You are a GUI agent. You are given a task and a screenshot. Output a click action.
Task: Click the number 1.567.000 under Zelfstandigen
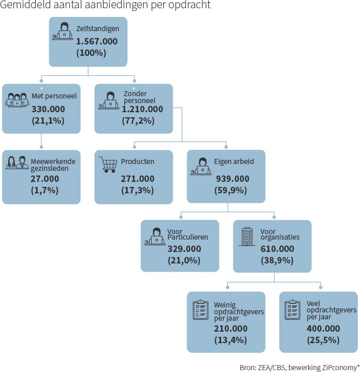(x=97, y=41)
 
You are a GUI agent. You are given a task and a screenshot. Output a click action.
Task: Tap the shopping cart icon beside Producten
(x=108, y=164)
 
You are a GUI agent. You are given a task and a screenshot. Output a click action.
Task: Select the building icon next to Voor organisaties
(x=247, y=236)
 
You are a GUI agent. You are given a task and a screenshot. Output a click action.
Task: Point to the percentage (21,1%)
(x=48, y=120)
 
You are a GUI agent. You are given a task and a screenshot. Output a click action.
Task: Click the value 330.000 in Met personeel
(x=48, y=109)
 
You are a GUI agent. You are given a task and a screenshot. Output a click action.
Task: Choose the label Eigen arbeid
(x=234, y=162)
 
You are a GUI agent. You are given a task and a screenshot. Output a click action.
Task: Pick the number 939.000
(x=233, y=179)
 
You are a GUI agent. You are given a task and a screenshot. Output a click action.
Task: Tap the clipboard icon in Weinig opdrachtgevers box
(x=201, y=310)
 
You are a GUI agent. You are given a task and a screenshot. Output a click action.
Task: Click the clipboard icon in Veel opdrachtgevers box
(x=292, y=310)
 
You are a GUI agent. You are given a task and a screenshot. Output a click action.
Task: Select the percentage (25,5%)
(x=323, y=340)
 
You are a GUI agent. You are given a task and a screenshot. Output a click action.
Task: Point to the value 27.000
(x=44, y=179)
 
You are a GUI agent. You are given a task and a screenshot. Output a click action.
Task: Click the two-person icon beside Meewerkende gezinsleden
(x=17, y=163)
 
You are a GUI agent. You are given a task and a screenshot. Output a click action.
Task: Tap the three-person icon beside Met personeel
(x=17, y=100)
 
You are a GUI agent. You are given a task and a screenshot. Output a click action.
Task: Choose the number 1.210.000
(x=142, y=109)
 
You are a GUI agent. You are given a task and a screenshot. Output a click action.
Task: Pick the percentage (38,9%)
(x=277, y=260)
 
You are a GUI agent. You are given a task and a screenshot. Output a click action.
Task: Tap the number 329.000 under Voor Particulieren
(x=184, y=249)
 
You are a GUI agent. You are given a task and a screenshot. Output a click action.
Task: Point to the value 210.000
(x=231, y=328)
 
